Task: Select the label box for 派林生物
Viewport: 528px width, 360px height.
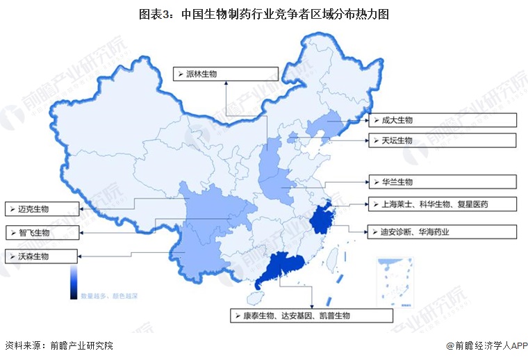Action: click(226, 73)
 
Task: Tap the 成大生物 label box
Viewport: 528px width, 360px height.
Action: click(442, 120)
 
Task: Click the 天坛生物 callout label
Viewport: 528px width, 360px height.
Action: click(442, 141)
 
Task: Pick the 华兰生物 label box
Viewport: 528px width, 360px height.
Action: click(442, 182)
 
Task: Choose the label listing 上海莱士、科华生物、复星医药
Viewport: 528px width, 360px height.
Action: click(442, 204)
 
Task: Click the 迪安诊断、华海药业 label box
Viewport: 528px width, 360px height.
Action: click(442, 232)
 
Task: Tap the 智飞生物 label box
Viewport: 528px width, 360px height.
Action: click(40, 231)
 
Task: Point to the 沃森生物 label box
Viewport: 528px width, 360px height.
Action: click(40, 256)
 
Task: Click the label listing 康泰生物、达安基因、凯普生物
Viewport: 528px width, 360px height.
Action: click(311, 316)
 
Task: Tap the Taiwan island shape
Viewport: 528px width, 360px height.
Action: click(331, 261)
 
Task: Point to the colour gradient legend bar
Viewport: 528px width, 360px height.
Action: click(73, 283)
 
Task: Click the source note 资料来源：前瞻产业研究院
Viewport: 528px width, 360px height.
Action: click(58, 345)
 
